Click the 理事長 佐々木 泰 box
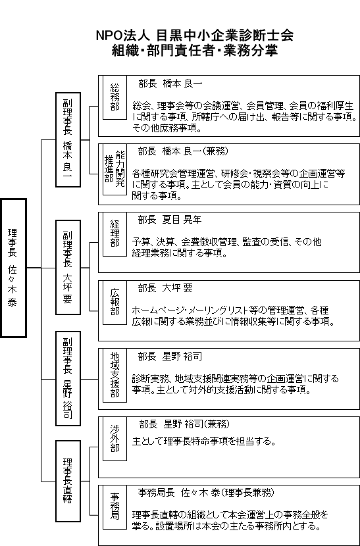pyautogui.click(x=14, y=268)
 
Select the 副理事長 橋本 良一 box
pyautogui.click(x=68, y=139)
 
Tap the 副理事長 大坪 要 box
pyautogui.click(x=68, y=267)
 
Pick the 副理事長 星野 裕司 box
pyautogui.click(x=68, y=378)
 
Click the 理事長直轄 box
pyautogui.click(x=68, y=481)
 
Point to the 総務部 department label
pyautogui.click(x=115, y=97)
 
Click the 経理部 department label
pyautogui.click(x=115, y=234)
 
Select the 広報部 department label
pyautogui.click(x=115, y=302)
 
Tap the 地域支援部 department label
pyautogui.click(x=115, y=375)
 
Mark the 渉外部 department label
pyautogui.click(x=115, y=439)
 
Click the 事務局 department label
pyautogui.click(x=115, y=506)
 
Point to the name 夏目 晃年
pyautogui.click(x=182, y=220)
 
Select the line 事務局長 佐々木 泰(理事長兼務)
pyautogui.click(x=206, y=493)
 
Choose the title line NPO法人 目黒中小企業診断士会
pyautogui.click(x=194, y=35)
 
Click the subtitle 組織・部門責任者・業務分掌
pyautogui.click(x=194, y=51)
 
